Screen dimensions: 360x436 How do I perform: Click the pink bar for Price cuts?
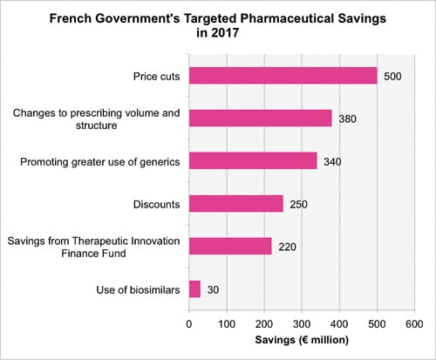(283, 76)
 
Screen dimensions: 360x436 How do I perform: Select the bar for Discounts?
(236, 204)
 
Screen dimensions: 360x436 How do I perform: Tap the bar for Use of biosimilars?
(195, 289)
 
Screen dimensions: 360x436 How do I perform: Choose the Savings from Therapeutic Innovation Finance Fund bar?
(231, 246)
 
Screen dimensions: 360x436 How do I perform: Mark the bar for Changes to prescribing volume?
(261, 119)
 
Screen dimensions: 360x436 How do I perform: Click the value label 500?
(393, 76)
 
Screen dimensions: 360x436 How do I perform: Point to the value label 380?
(348, 119)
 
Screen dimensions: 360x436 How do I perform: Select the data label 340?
(333, 160)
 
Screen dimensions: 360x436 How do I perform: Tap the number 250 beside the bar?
(299, 204)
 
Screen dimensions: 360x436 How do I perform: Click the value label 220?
(288, 246)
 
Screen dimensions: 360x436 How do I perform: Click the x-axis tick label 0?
(190, 323)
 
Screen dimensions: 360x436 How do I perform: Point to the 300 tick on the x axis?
(302, 323)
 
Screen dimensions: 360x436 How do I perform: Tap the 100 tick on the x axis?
(227, 323)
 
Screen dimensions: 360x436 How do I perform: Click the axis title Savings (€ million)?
(301, 340)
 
